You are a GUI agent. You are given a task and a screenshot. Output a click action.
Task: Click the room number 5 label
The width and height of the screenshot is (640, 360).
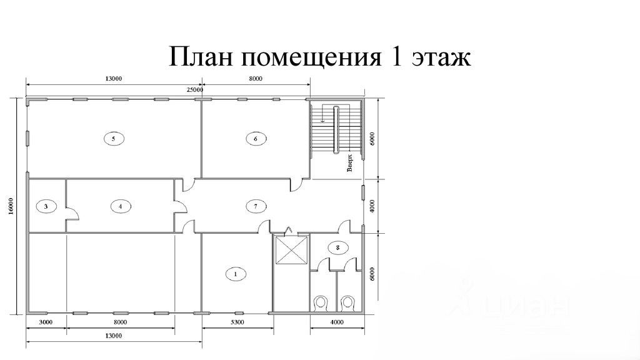113,139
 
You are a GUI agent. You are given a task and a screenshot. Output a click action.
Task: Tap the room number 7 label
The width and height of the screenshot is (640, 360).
256,205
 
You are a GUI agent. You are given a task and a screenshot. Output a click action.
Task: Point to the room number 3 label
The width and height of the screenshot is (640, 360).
46,205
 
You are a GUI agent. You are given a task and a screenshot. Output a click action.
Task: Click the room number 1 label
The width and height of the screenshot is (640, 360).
236,273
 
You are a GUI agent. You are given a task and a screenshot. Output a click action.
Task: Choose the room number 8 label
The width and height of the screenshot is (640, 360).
338,247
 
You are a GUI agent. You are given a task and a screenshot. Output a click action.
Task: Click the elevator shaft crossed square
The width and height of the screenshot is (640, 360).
291,251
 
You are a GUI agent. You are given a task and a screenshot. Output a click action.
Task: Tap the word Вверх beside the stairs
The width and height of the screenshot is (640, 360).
351,163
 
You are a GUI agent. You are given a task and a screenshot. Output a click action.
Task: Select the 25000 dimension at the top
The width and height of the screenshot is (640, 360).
195,90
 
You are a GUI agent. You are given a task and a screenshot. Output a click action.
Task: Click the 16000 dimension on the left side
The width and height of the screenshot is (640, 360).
12,206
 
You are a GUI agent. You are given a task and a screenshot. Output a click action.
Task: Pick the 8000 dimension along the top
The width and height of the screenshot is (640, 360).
255,79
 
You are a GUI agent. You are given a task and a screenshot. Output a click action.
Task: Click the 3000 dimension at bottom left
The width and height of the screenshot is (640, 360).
46,322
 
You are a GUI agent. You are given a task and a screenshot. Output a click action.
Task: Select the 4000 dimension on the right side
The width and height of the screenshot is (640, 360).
372,206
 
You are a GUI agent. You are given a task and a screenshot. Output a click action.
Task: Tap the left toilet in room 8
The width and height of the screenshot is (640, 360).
322,303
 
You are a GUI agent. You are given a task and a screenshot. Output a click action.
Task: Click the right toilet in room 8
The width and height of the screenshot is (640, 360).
348,303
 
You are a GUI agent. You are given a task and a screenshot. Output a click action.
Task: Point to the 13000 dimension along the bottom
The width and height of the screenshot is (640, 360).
113,336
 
